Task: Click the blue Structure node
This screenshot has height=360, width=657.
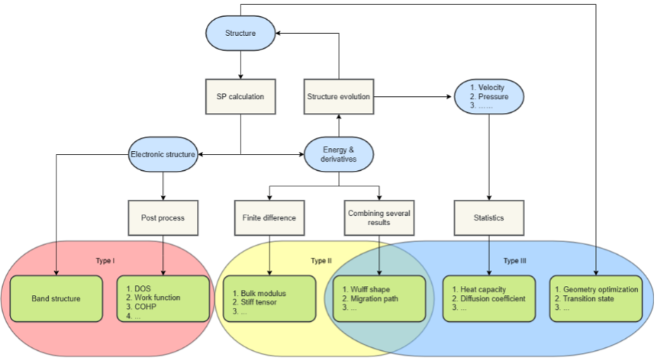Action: pyautogui.click(x=241, y=33)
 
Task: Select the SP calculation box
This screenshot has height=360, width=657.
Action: pyautogui.click(x=241, y=97)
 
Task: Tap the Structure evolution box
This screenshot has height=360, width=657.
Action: pyautogui.click(x=339, y=97)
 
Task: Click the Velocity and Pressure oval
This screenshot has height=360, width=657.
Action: pyautogui.click(x=488, y=97)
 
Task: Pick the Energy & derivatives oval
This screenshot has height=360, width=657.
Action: pyautogui.click(x=339, y=155)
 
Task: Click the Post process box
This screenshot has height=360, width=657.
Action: pyautogui.click(x=162, y=218)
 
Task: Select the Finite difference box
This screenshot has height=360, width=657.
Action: pyautogui.click(x=270, y=218)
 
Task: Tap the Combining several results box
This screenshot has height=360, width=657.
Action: pyautogui.click(x=379, y=218)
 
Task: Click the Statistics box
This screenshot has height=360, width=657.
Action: pyautogui.click(x=488, y=218)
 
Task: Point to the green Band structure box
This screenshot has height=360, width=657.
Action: pyautogui.click(x=56, y=299)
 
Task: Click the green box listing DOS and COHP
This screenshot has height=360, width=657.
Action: pyautogui.click(x=162, y=299)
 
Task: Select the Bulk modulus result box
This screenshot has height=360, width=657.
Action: pyautogui.click(x=270, y=299)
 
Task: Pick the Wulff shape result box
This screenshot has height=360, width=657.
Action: pyautogui.click(x=379, y=299)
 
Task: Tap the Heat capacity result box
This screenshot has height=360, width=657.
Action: pyautogui.click(x=488, y=299)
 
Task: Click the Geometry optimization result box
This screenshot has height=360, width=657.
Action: pyautogui.click(x=596, y=299)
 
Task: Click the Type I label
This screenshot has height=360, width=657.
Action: pyautogui.click(x=105, y=260)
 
